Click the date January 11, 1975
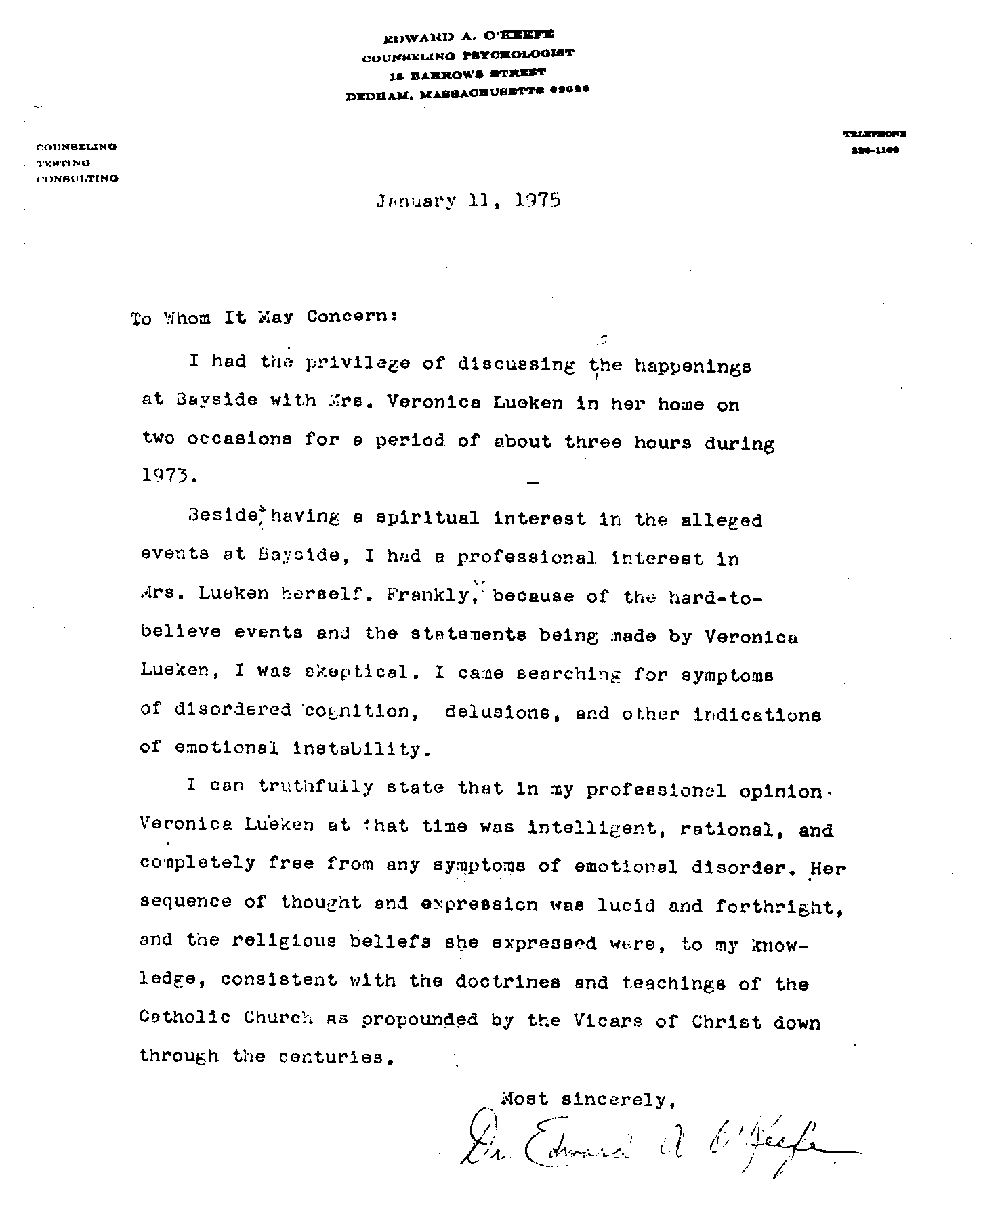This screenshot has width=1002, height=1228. (x=468, y=200)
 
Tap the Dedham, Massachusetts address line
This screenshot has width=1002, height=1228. (x=467, y=96)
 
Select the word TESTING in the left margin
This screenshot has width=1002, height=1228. (x=63, y=163)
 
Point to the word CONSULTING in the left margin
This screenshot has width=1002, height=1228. (x=77, y=179)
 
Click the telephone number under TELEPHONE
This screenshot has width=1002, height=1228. (x=875, y=151)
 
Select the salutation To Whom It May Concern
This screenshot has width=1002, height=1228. (x=264, y=317)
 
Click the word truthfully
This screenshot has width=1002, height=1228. (x=315, y=787)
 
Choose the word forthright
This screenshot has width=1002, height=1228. (x=780, y=906)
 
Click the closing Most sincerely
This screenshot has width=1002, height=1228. (x=587, y=1099)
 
